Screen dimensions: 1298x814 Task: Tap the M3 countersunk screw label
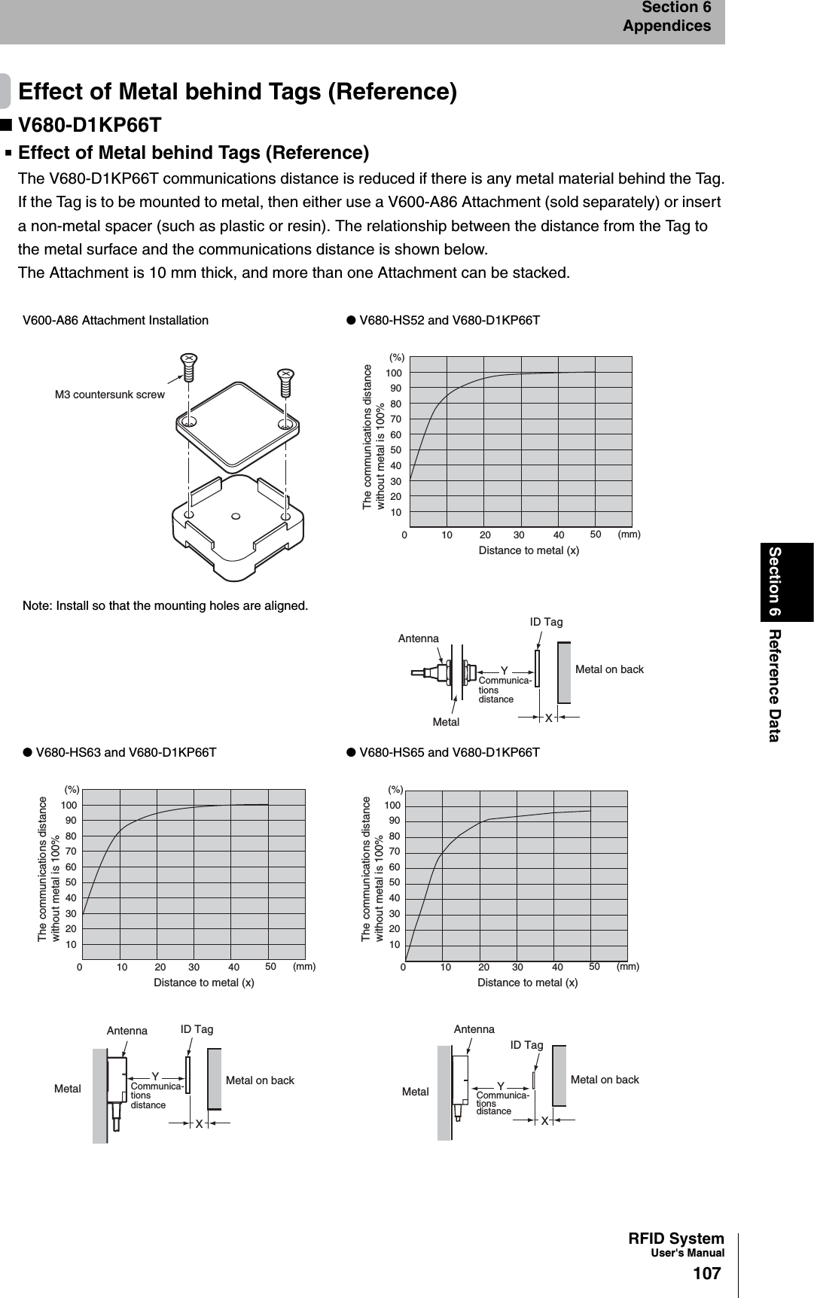click(x=109, y=394)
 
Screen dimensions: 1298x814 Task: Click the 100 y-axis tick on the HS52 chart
click(x=394, y=373)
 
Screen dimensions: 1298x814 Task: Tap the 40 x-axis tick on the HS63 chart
click(x=234, y=966)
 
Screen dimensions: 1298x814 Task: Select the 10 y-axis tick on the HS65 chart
click(x=395, y=945)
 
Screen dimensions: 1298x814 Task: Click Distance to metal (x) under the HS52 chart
click(x=529, y=550)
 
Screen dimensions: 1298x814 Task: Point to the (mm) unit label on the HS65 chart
click(x=627, y=966)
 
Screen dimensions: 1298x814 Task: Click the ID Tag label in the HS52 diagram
click(x=546, y=622)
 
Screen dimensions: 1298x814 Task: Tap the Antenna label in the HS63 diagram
click(x=127, y=1031)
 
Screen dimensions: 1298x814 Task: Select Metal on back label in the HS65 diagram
click(x=604, y=1080)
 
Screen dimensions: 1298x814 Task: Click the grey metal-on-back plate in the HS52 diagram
click(x=563, y=672)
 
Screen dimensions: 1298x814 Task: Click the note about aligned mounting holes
click(x=165, y=605)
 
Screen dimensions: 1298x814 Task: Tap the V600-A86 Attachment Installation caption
click(x=115, y=320)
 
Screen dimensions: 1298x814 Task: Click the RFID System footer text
click(x=675, y=1239)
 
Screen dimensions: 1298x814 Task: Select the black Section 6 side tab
click(x=786, y=582)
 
